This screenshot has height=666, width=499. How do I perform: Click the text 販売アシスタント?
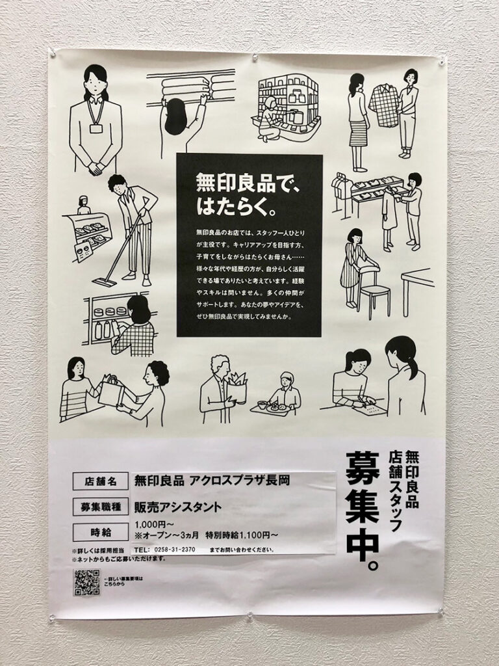tap(177, 507)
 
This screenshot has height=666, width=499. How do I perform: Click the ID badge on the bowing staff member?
tap(96, 128)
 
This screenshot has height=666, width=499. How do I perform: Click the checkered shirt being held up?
tap(383, 107)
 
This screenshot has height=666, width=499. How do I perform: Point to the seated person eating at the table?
tap(284, 390)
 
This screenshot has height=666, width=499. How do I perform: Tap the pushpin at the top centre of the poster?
tap(255, 58)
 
